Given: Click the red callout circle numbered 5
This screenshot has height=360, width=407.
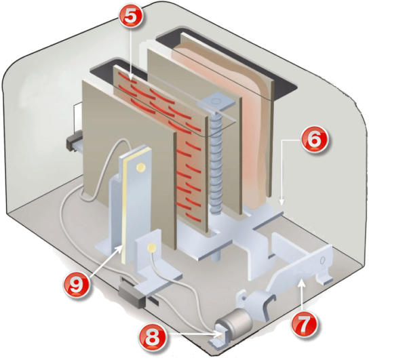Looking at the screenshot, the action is click(130, 16).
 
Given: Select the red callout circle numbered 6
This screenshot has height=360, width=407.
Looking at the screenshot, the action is click(314, 140).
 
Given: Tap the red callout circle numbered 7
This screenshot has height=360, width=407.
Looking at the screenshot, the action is click(305, 325).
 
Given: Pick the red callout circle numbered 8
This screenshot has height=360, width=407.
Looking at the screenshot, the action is click(152, 338).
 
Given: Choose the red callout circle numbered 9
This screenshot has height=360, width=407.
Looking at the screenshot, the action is click(77, 285).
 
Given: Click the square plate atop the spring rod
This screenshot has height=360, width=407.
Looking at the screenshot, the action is click(216, 102).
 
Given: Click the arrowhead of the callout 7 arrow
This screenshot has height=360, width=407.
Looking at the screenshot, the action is click(301, 283).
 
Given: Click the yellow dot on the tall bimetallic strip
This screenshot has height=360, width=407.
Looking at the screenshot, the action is click(140, 166).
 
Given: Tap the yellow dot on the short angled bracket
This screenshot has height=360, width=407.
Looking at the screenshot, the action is click(151, 248).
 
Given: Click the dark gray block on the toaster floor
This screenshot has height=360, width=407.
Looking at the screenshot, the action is click(132, 296).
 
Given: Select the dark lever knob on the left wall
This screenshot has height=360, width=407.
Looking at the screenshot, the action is click(74, 140).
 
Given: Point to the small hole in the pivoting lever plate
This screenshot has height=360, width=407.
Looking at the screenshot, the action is click(323, 260).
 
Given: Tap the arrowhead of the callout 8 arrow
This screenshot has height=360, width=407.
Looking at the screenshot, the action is click(218, 335).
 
